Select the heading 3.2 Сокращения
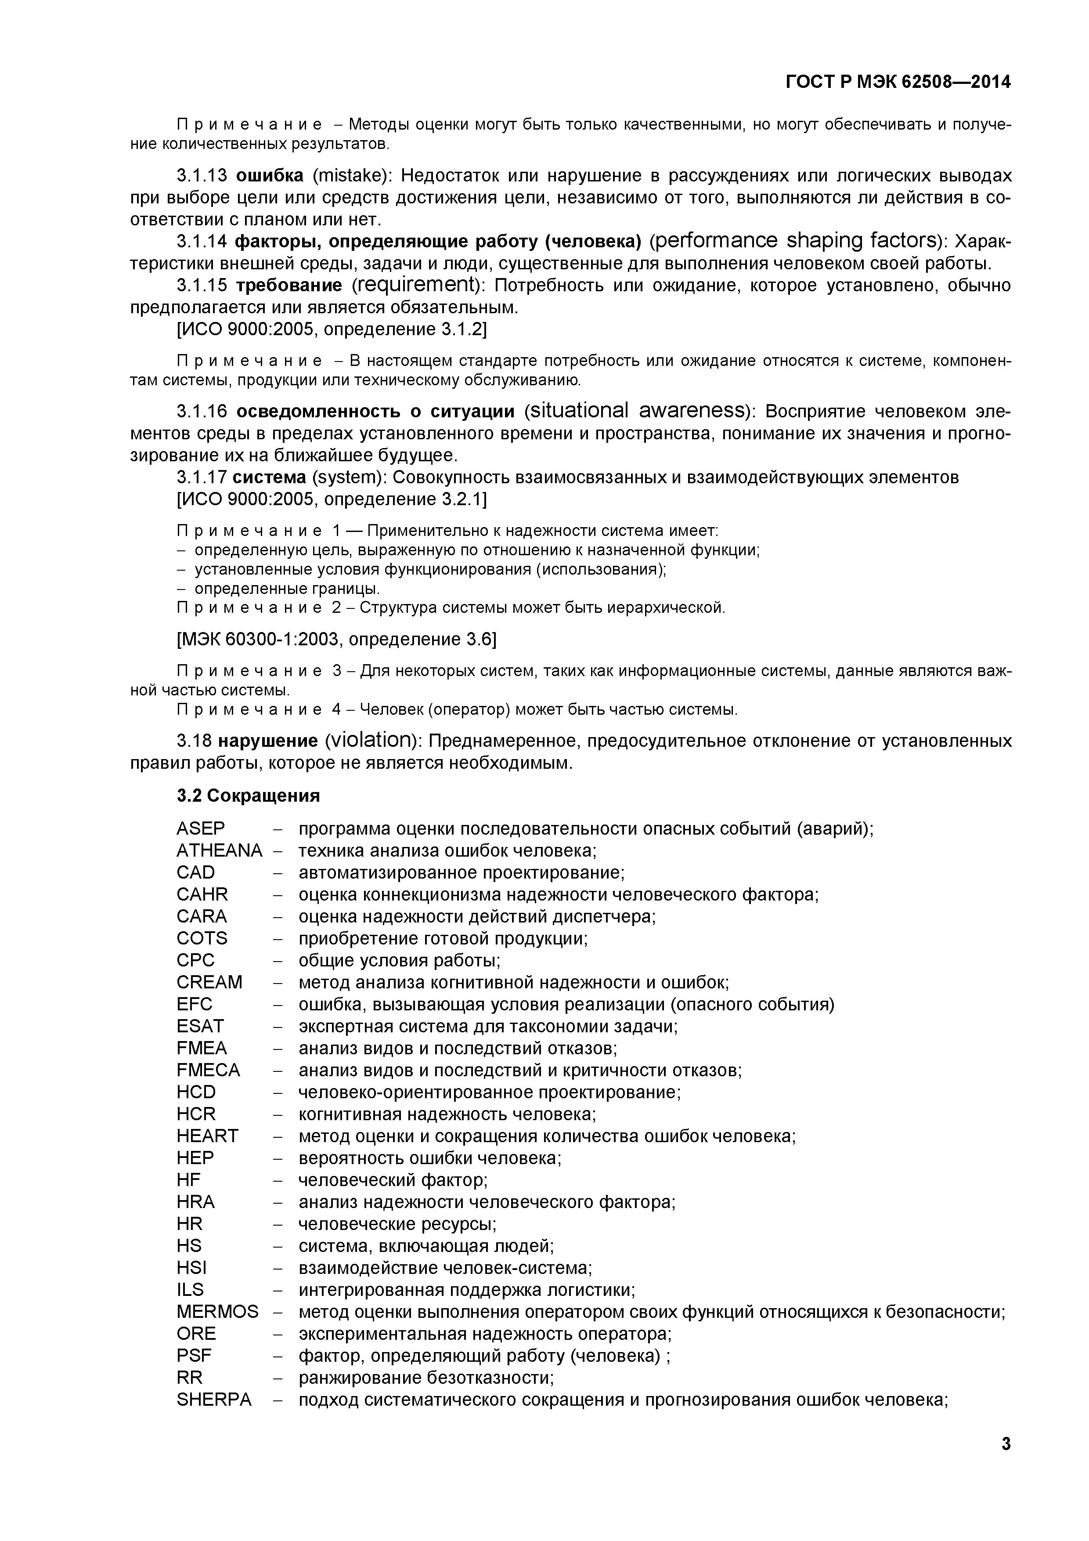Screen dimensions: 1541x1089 [248, 796]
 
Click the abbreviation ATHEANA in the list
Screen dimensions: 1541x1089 [219, 851]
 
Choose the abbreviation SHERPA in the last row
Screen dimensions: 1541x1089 [214, 1400]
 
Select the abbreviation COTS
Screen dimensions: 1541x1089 [202, 938]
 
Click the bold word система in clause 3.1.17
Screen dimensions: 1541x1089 [269, 477]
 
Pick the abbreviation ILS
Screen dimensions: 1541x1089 [190, 1290]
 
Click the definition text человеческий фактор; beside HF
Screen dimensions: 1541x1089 [393, 1180]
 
